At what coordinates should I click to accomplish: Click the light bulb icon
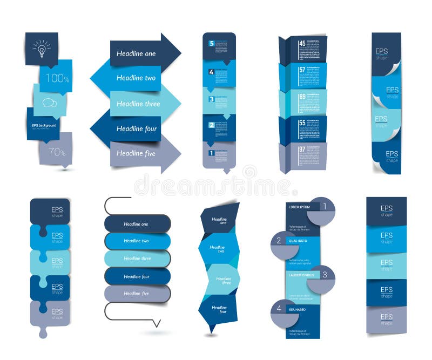(41, 49)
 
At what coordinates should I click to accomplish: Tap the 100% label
(57, 79)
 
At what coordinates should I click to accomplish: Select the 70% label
(57, 152)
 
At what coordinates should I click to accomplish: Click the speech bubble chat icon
(50, 103)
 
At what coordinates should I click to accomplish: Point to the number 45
(301, 44)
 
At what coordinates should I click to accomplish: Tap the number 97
(301, 148)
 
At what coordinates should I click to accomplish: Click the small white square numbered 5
(212, 44)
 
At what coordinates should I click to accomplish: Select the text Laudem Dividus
(301, 275)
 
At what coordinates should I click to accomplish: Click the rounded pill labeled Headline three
(137, 259)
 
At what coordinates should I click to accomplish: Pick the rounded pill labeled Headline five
(137, 294)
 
